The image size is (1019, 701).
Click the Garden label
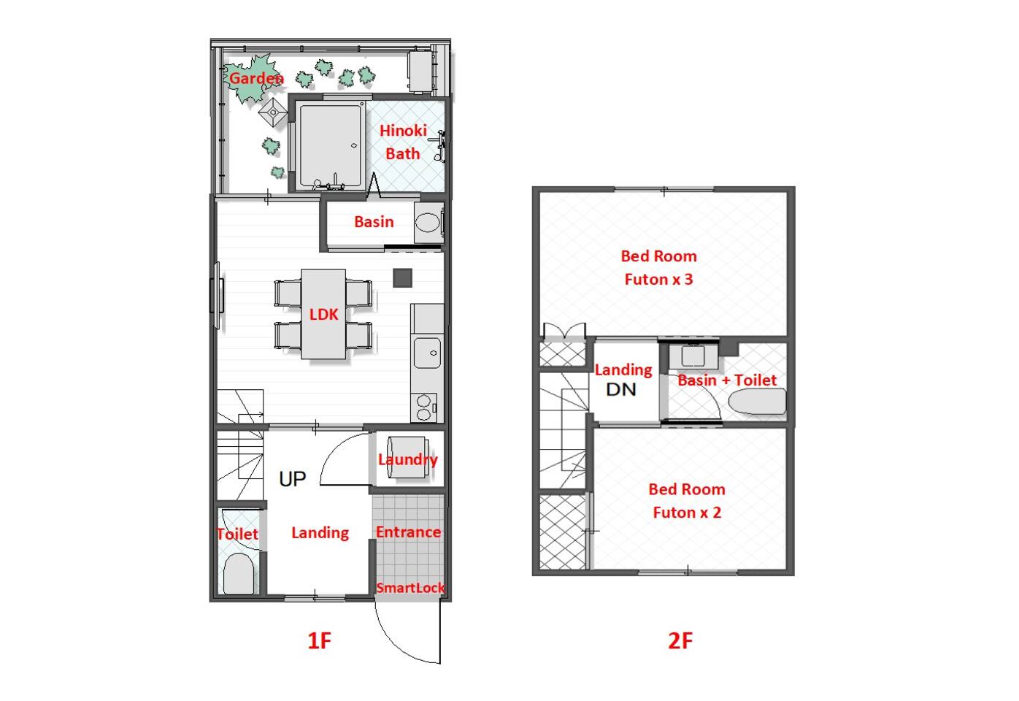(256, 78)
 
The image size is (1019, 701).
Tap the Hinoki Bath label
(403, 142)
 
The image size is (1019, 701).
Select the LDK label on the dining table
(323, 314)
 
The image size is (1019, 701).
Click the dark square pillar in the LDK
(403, 277)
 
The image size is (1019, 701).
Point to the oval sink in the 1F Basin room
(428, 223)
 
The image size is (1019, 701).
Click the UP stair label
(292, 479)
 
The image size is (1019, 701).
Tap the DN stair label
(621, 389)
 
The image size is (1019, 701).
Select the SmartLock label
(410, 588)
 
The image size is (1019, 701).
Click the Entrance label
(408, 532)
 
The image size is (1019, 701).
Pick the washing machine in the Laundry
(407, 457)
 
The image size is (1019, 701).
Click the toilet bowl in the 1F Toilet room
(239, 573)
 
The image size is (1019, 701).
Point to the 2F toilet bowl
(757, 402)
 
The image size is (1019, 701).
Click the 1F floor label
(319, 641)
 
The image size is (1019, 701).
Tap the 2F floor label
(680, 641)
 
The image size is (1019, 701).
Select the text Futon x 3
(658, 279)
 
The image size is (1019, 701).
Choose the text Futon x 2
(687, 513)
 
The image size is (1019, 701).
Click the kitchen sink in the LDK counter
(427, 352)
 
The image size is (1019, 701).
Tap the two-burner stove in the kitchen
(424, 407)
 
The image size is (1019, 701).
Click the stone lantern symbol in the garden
(273, 112)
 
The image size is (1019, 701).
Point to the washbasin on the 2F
(693, 356)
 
